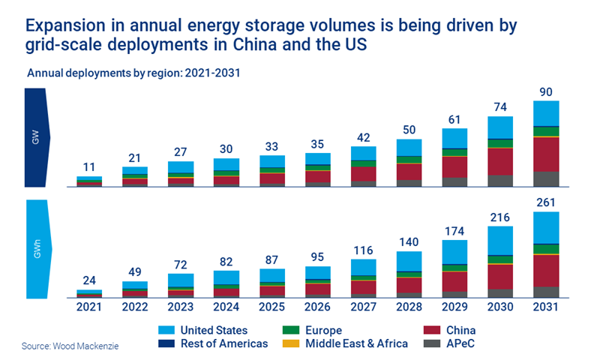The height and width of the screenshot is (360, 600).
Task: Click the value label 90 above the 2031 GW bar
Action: [547, 92]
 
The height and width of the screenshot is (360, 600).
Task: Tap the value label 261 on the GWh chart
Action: [547, 203]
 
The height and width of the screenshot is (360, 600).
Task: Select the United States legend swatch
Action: [169, 330]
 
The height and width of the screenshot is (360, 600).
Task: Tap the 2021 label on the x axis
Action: [89, 307]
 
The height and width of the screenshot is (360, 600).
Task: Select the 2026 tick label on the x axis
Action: [318, 307]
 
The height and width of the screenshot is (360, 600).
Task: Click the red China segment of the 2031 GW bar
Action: [547, 154]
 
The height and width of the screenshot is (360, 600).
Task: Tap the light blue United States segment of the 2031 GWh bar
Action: [547, 227]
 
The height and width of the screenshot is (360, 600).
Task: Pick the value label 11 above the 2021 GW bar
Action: [89, 168]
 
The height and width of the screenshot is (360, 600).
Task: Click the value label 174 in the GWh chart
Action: [455, 231]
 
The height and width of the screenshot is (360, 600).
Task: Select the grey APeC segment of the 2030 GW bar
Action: [501, 180]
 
